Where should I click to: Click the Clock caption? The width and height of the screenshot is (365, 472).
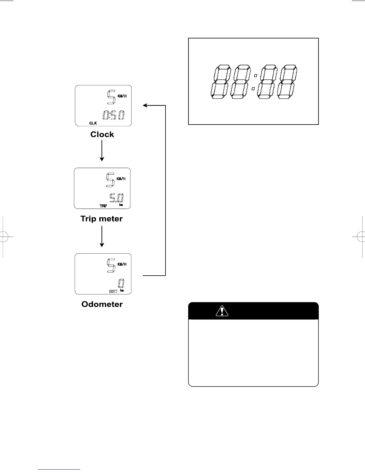102,134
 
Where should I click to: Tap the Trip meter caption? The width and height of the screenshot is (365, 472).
101,219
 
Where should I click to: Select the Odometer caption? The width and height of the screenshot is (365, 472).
102,304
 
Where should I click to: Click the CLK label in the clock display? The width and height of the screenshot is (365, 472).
93,123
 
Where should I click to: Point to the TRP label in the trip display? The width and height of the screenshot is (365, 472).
103,206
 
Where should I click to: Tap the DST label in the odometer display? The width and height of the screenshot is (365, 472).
113,291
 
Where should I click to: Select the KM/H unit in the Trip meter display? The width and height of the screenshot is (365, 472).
121,179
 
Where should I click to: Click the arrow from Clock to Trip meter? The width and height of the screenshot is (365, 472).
102,150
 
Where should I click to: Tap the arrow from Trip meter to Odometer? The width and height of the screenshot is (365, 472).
102,236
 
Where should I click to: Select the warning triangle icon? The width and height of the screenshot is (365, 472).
222,311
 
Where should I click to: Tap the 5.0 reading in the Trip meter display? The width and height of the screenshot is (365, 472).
117,199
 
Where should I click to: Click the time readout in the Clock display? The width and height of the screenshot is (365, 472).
114,115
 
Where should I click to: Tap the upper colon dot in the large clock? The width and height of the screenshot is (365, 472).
256,76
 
